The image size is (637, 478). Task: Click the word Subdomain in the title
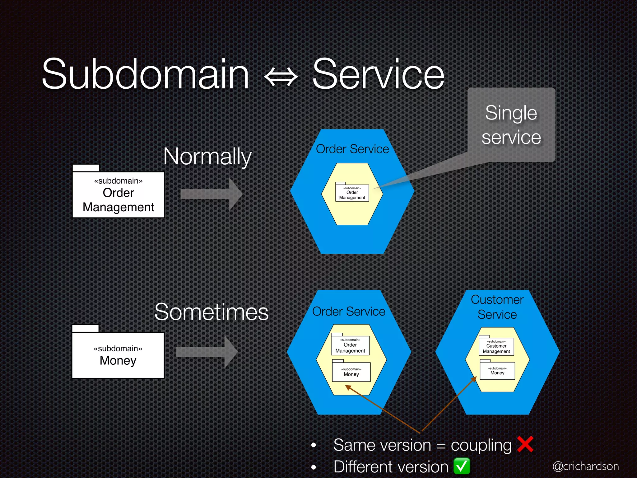pos(146,75)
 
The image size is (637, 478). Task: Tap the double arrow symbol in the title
pos(281,77)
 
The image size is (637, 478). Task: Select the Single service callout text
pos(511,125)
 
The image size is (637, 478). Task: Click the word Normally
pos(207,157)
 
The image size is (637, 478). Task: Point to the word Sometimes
pos(211,312)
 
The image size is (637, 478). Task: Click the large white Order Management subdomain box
pos(119,195)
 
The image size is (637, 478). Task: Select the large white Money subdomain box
pos(118,355)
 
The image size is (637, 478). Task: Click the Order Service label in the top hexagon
pos(352,149)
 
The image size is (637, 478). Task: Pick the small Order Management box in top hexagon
pos(352,193)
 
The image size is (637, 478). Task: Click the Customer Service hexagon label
pos(497,307)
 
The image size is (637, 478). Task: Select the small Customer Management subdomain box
pos(496,347)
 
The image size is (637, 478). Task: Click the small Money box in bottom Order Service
pos(351,372)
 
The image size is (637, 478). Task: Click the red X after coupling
pos(525,444)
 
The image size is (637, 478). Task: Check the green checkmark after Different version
pos(462,466)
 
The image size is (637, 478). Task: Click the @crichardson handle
pos(585,466)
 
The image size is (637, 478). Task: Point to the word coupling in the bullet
pos(481,445)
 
